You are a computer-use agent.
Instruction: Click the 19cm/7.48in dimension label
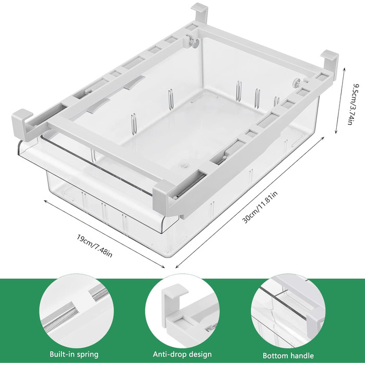point(94,246)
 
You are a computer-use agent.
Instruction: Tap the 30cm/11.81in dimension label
point(260,207)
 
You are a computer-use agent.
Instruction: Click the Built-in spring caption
point(74,354)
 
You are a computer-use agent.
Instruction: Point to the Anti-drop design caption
point(182,354)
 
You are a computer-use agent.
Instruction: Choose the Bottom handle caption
point(288,356)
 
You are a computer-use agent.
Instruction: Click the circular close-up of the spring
point(77,311)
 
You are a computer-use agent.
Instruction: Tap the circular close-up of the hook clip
point(182,311)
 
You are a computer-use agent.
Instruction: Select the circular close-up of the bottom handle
point(288,311)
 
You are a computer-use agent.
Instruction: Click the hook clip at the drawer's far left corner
point(22,124)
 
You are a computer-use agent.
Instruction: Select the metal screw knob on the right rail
point(297,82)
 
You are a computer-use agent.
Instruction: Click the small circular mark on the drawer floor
point(184,166)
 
